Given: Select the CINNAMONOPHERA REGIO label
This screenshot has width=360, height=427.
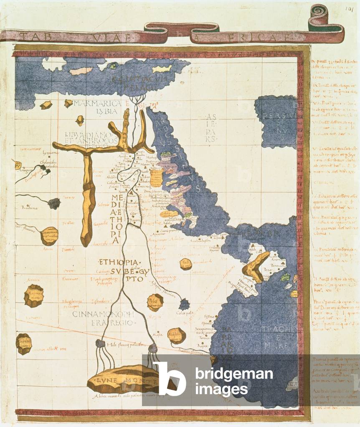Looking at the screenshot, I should coord(104,318).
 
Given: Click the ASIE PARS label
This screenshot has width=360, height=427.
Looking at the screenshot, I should coord(210,128).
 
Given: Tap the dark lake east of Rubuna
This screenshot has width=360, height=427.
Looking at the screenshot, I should coord(53,203).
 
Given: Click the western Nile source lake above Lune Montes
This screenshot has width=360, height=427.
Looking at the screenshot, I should coord(100,344).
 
